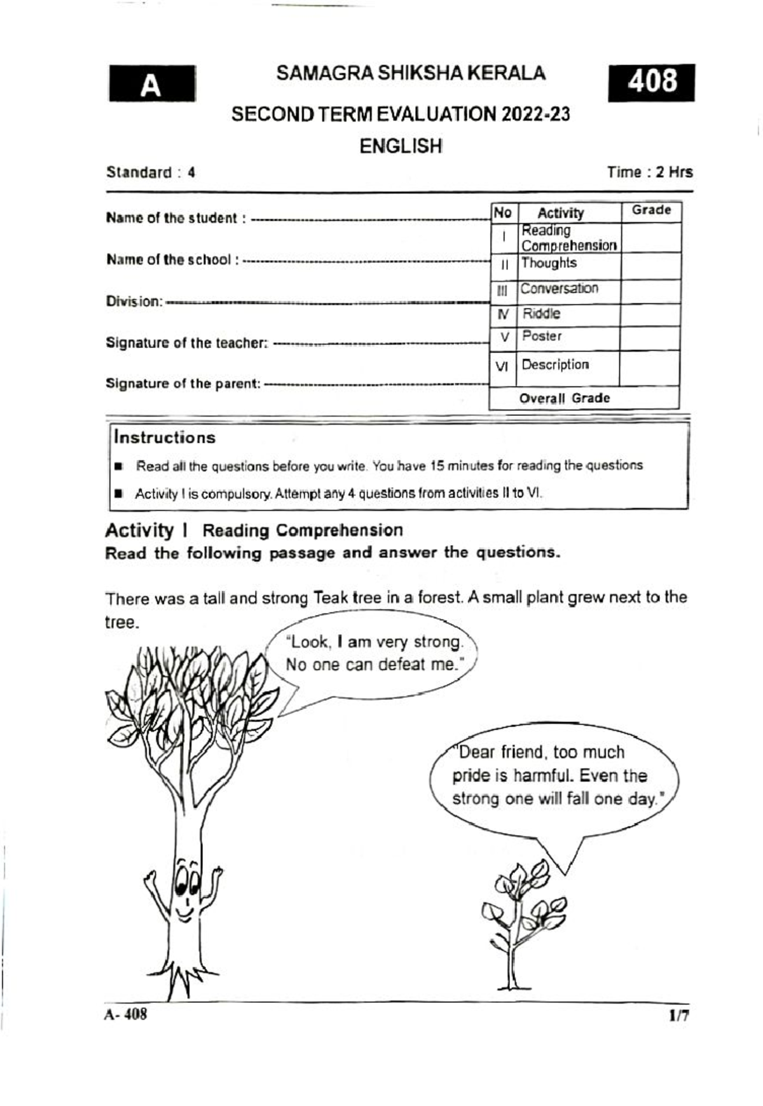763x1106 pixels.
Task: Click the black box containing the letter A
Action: point(152,83)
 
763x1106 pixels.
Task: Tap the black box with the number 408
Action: point(651,82)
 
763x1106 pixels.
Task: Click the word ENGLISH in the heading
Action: point(401,146)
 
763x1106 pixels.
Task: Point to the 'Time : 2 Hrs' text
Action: point(649,172)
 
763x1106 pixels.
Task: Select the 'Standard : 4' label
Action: point(151,172)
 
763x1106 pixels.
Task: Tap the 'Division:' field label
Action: point(134,301)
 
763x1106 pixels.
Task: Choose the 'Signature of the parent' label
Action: point(183,384)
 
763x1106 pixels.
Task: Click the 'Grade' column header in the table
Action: point(651,210)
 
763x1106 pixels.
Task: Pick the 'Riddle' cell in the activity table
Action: point(541,314)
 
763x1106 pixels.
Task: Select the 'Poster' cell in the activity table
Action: point(542,336)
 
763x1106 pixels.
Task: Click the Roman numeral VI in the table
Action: point(502,366)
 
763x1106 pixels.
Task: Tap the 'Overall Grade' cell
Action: point(564,398)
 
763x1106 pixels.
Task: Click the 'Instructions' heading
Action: point(165,438)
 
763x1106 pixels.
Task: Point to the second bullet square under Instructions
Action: point(118,494)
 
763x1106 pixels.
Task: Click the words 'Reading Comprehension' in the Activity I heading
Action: point(303,530)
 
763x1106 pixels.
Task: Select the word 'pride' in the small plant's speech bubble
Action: point(471,776)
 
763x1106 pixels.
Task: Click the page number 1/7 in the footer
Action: point(678,1016)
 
